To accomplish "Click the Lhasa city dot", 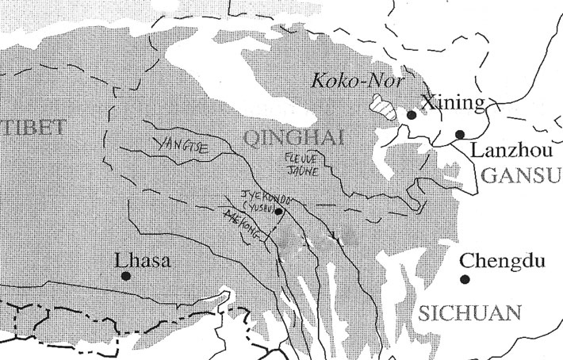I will tap(125, 276).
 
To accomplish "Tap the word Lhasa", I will tap(142, 259).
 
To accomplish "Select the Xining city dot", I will tap(411, 115).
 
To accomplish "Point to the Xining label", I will tap(451, 103).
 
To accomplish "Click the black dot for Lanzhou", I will tap(460, 134).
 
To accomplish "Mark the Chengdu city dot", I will tap(465, 279).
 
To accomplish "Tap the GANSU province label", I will tap(519, 175).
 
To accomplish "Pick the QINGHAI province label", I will tap(293, 140).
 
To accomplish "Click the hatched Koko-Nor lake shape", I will tap(385, 108).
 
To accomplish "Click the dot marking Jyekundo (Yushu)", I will tap(278, 212).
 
